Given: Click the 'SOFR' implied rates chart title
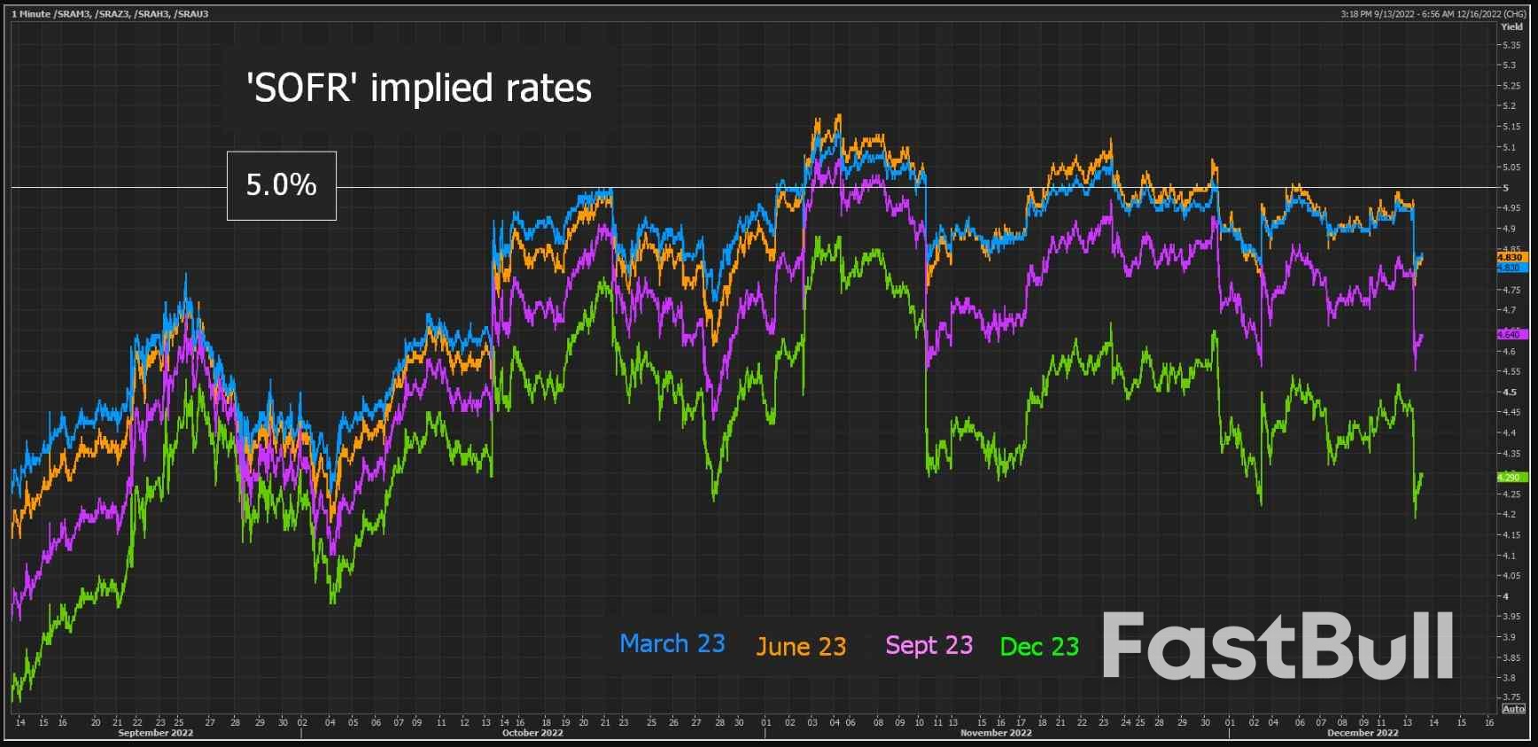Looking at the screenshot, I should click(418, 89).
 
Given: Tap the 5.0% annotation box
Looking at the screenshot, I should click(281, 185).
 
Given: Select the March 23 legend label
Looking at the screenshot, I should click(672, 643).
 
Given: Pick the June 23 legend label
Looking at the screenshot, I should click(801, 646).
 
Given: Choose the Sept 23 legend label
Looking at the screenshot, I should click(928, 645).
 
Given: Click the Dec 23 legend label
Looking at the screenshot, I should click(1039, 646).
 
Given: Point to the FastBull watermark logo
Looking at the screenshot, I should click(1277, 646).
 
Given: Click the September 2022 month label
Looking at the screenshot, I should click(155, 733).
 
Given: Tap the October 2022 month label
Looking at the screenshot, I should click(532, 733).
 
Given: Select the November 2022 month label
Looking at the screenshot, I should click(996, 733).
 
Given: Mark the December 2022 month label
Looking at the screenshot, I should click(1363, 733).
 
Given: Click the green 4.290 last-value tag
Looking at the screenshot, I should click(1510, 477).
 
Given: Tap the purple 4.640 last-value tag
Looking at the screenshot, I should click(1510, 334).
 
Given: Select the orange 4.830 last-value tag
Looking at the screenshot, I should click(1510, 257).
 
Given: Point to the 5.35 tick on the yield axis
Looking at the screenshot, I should click(1511, 45).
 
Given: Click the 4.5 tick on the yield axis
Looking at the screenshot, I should click(1509, 393).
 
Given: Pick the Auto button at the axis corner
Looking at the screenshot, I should click(1513, 708).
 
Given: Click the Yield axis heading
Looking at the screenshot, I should click(1511, 27).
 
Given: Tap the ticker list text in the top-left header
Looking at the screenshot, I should click(110, 14).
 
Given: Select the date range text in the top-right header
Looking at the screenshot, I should click(1433, 14).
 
